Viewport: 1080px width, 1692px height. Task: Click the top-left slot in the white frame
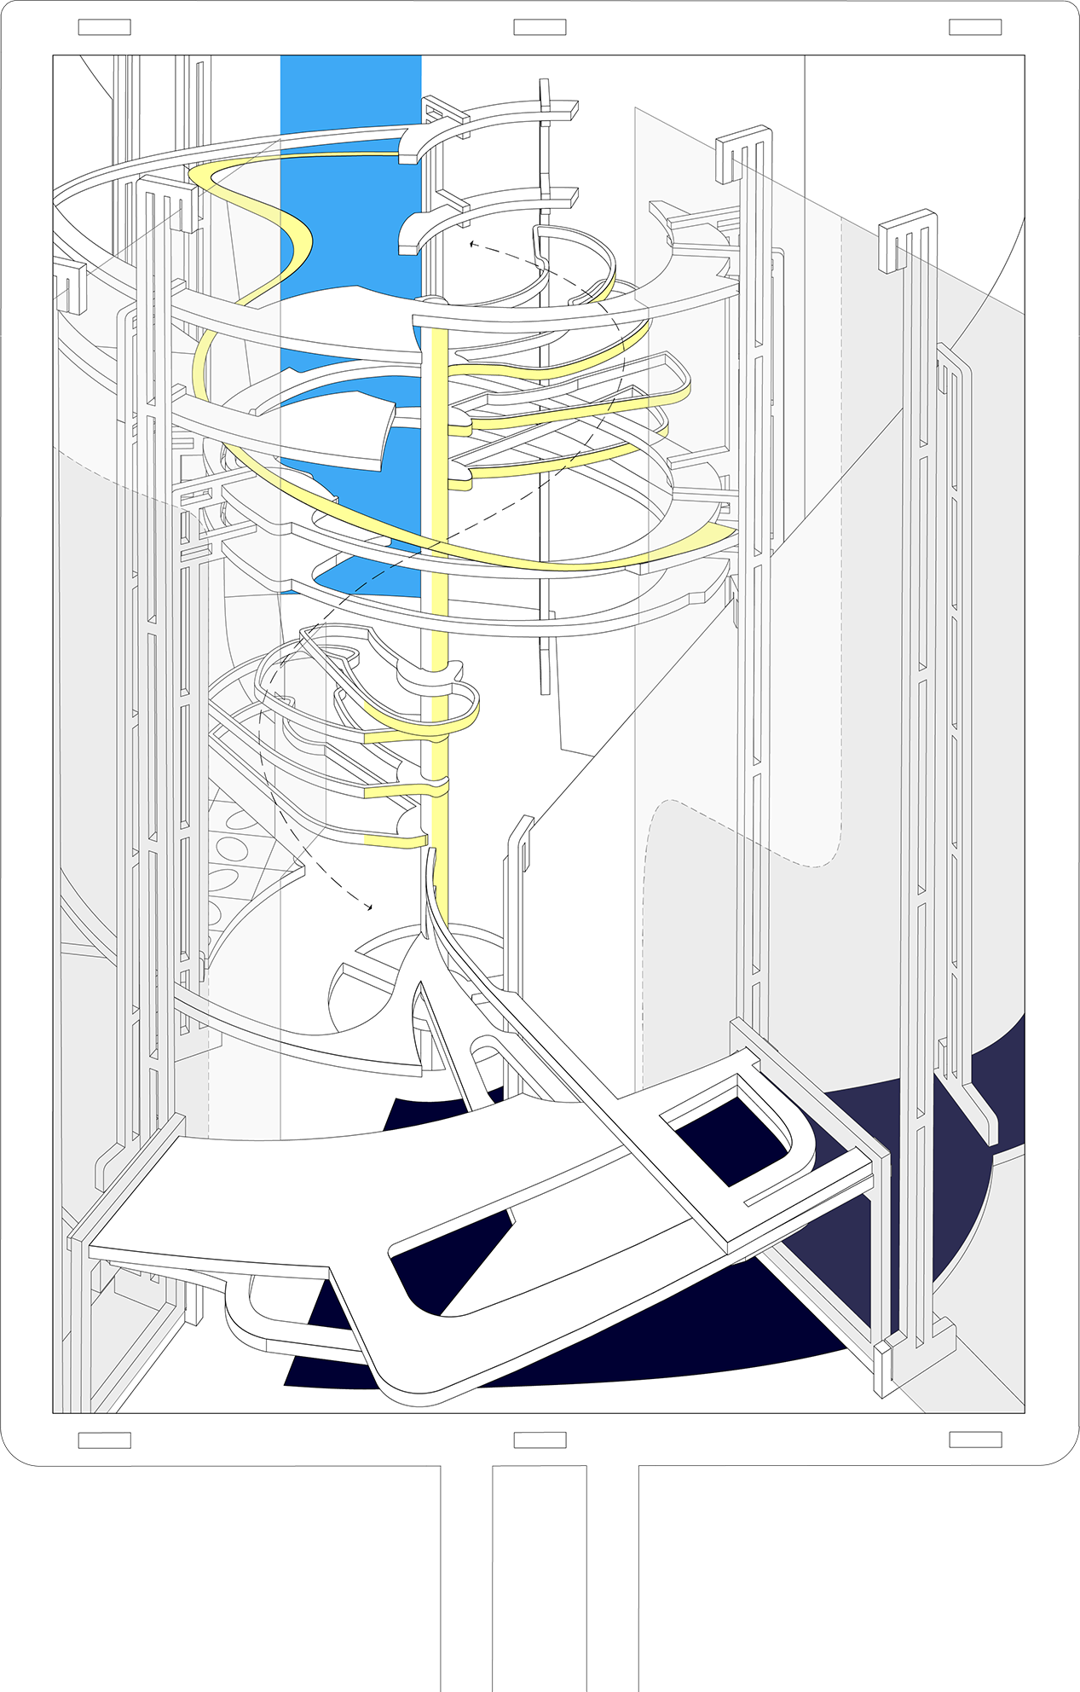coord(104,27)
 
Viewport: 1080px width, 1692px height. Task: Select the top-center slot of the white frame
coord(540,27)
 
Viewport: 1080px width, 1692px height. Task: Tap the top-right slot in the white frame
coord(975,27)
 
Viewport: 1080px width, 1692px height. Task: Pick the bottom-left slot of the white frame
coord(104,1440)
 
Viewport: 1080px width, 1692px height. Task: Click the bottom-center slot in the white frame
coord(540,1440)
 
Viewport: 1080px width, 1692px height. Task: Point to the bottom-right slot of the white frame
coord(975,1440)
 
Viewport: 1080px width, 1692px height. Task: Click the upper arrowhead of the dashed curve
coord(471,244)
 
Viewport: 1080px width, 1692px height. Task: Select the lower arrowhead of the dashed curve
coord(369,907)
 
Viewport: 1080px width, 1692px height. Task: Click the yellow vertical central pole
coord(439,597)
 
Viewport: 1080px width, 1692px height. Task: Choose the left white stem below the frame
coord(466,1578)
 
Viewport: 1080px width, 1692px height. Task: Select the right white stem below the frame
coord(612,1578)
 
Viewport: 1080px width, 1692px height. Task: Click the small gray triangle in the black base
coord(510,1672)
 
